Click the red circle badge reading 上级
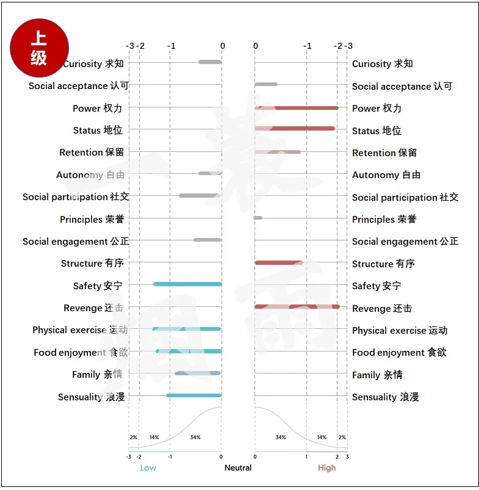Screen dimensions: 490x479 tap(39, 48)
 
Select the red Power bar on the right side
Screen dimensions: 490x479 tap(297, 108)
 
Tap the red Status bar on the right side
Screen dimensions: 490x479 tap(295, 129)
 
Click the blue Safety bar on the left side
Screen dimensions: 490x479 tap(187, 284)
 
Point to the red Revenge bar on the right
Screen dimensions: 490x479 tap(297, 306)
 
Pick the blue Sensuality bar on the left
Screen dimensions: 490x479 tap(194, 395)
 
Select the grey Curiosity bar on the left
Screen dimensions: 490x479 tap(210, 62)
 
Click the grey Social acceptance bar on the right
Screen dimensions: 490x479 tap(266, 84)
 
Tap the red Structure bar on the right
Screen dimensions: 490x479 tap(279, 263)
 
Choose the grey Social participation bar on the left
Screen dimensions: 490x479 tap(200, 196)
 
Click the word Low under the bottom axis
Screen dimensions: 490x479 tap(148, 468)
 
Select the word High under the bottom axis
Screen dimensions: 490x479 tap(326, 468)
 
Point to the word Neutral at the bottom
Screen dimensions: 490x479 tap(238, 468)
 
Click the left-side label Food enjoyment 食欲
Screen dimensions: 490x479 tap(79, 353)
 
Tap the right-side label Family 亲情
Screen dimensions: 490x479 tap(377, 375)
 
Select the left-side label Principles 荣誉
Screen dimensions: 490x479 tap(92, 220)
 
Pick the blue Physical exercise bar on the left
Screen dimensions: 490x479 tap(187, 329)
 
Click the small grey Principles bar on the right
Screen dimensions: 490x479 tap(258, 218)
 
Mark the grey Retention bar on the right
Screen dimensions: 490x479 tap(278, 152)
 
